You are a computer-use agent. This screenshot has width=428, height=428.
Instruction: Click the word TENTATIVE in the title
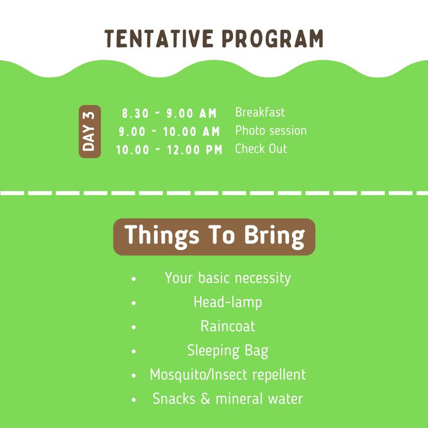[x=159, y=38]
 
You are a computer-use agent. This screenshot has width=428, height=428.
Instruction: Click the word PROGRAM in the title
[x=273, y=38]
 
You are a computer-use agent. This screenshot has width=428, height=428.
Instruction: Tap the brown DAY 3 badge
[x=90, y=132]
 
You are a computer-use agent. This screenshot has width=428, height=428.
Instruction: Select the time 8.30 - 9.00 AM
[x=169, y=113]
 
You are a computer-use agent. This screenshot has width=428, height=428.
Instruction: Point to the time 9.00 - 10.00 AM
[x=169, y=132]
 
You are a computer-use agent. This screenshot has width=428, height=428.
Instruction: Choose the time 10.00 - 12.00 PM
[x=169, y=150]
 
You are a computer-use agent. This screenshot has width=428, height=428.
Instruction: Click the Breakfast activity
[x=260, y=112]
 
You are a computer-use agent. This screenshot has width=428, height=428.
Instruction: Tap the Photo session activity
[x=271, y=130]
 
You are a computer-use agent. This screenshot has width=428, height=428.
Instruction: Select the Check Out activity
[x=261, y=149]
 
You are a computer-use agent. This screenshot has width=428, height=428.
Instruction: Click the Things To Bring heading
[x=214, y=237]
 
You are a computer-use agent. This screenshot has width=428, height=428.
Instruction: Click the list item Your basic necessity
[x=228, y=278]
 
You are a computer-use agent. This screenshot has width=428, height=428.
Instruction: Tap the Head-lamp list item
[x=228, y=303]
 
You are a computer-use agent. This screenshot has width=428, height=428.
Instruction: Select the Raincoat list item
[x=228, y=326]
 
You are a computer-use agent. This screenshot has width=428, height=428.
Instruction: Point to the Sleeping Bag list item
[x=228, y=351]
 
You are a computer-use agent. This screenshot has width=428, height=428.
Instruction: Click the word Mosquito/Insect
[x=199, y=374]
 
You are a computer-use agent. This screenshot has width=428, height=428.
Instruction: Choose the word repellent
[x=279, y=374]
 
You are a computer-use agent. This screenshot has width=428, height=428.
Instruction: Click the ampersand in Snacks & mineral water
[x=205, y=399]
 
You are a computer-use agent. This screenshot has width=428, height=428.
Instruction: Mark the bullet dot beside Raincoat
[x=133, y=327]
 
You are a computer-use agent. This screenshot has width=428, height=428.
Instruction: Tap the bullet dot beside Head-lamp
[x=133, y=303]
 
